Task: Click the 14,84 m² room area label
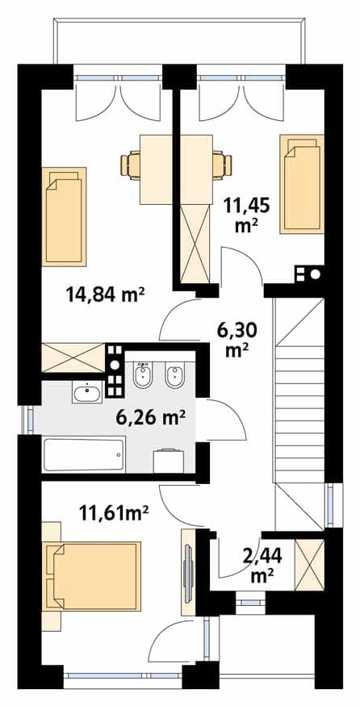point(105,295)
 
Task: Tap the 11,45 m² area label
point(247,215)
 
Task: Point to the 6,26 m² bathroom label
point(150,418)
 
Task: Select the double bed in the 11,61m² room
point(94,576)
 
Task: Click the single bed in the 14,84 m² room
point(64,216)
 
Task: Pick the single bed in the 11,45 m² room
point(301,184)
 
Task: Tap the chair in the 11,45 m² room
point(222,165)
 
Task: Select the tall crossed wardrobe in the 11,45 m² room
point(195,244)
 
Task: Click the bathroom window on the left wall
point(30,420)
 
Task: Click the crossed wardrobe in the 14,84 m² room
point(73,358)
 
